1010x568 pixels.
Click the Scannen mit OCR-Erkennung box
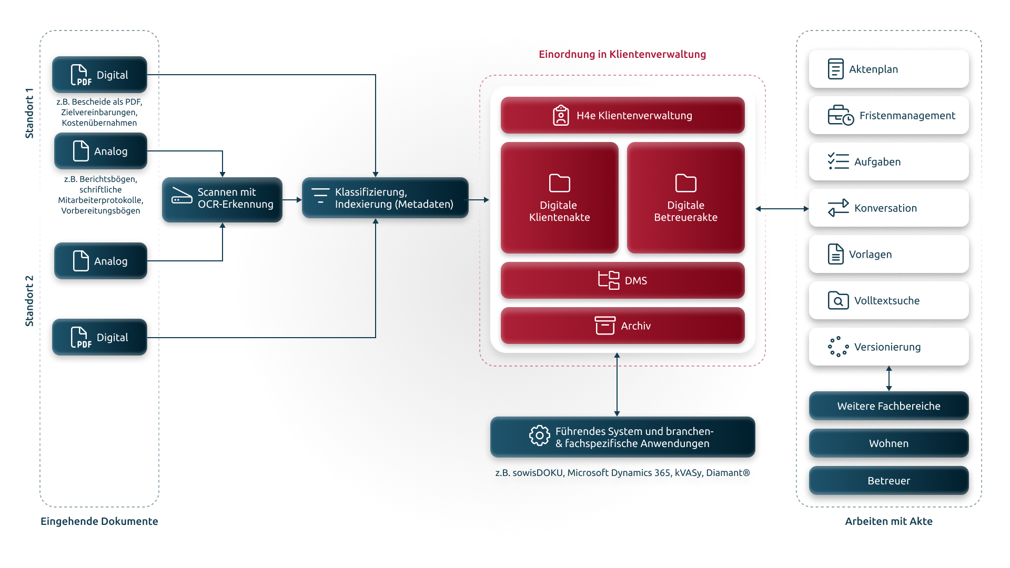click(x=222, y=199)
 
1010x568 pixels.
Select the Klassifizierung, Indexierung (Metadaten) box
click(x=385, y=198)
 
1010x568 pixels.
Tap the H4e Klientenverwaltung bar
click(x=622, y=115)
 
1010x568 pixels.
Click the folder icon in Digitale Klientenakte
click(x=559, y=183)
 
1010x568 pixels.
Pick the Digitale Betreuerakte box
click(x=685, y=198)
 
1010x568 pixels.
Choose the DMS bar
click(x=622, y=280)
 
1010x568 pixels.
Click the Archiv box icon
click(x=605, y=326)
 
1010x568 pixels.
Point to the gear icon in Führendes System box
click(x=539, y=435)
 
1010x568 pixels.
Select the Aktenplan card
click(x=888, y=69)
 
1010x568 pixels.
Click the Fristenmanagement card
click(x=888, y=115)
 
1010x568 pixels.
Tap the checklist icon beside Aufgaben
click(x=838, y=161)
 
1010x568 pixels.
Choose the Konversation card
click(x=888, y=208)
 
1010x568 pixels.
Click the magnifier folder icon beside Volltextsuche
click(x=838, y=300)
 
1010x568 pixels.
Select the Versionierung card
click(x=888, y=347)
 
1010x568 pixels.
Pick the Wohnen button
click(x=888, y=443)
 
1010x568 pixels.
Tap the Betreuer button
click(x=888, y=481)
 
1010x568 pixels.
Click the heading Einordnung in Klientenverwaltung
click(x=622, y=54)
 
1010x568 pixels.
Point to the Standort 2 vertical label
click(x=29, y=301)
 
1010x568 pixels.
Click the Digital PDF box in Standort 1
click(x=99, y=75)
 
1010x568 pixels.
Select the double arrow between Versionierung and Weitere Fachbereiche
click(x=889, y=379)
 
